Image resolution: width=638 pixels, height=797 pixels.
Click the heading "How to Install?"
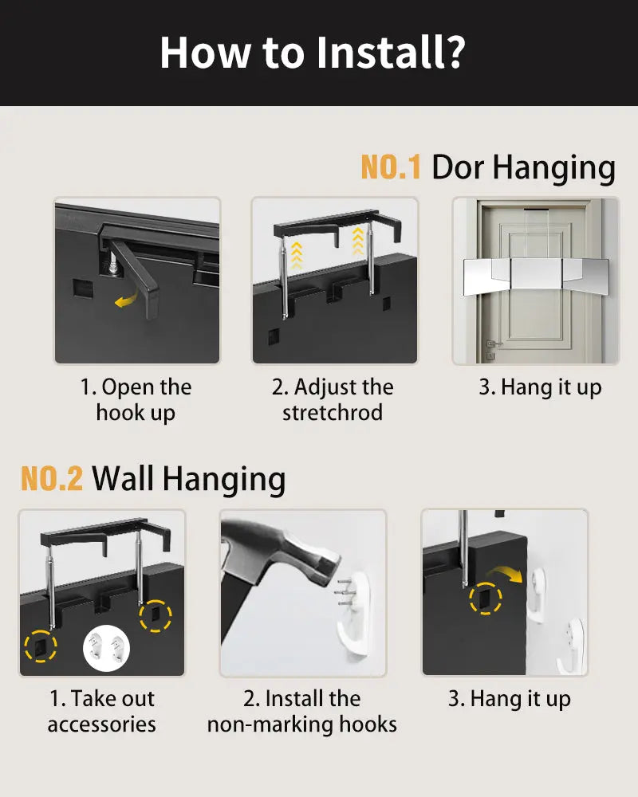pyautogui.click(x=312, y=52)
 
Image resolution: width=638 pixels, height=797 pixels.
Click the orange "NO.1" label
pyautogui.click(x=390, y=167)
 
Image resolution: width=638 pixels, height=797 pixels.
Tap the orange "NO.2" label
pyautogui.click(x=51, y=479)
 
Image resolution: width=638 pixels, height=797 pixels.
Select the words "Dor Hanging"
pyautogui.click(x=523, y=167)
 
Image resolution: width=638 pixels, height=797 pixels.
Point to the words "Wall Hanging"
pyautogui.click(x=188, y=479)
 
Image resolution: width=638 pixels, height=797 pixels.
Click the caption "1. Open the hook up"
pyautogui.click(x=136, y=400)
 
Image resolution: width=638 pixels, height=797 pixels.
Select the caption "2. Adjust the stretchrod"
pyautogui.click(x=333, y=400)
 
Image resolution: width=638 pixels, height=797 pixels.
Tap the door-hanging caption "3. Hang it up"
pyautogui.click(x=540, y=388)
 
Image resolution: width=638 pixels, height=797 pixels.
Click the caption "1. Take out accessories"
pyautogui.click(x=101, y=711)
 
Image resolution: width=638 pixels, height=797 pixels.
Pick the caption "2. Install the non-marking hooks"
pyautogui.click(x=302, y=711)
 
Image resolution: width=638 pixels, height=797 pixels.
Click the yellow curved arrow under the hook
pyautogui.click(x=124, y=300)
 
